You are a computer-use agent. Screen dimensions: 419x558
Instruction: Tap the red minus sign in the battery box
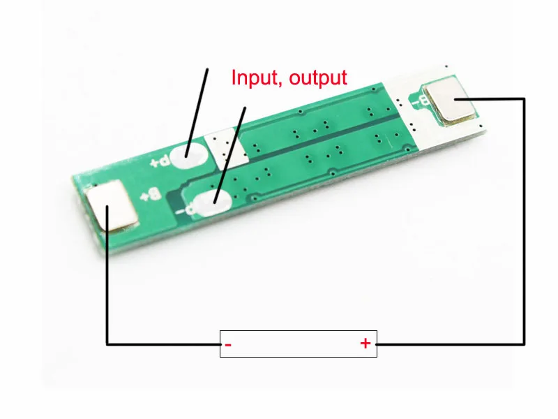(228, 344)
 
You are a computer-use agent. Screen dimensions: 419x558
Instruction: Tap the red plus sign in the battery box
(365, 344)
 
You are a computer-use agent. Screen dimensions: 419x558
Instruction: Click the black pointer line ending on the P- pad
(231, 154)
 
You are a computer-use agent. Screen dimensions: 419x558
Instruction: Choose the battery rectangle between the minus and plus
(298, 344)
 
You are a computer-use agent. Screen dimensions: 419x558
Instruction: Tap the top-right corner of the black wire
(524, 98)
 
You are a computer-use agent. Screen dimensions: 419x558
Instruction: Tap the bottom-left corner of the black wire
(107, 344)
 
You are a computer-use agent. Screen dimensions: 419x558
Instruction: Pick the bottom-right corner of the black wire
(524, 344)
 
